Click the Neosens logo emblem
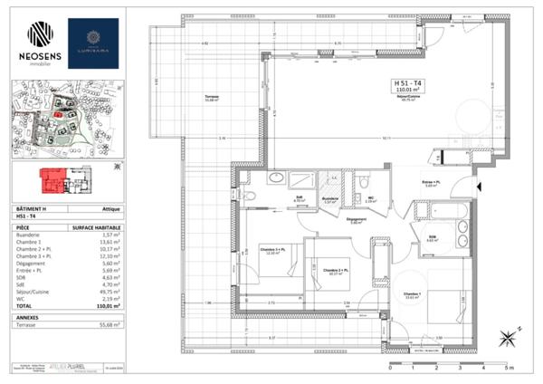(x=40, y=34)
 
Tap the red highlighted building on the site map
(x=59, y=115)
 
